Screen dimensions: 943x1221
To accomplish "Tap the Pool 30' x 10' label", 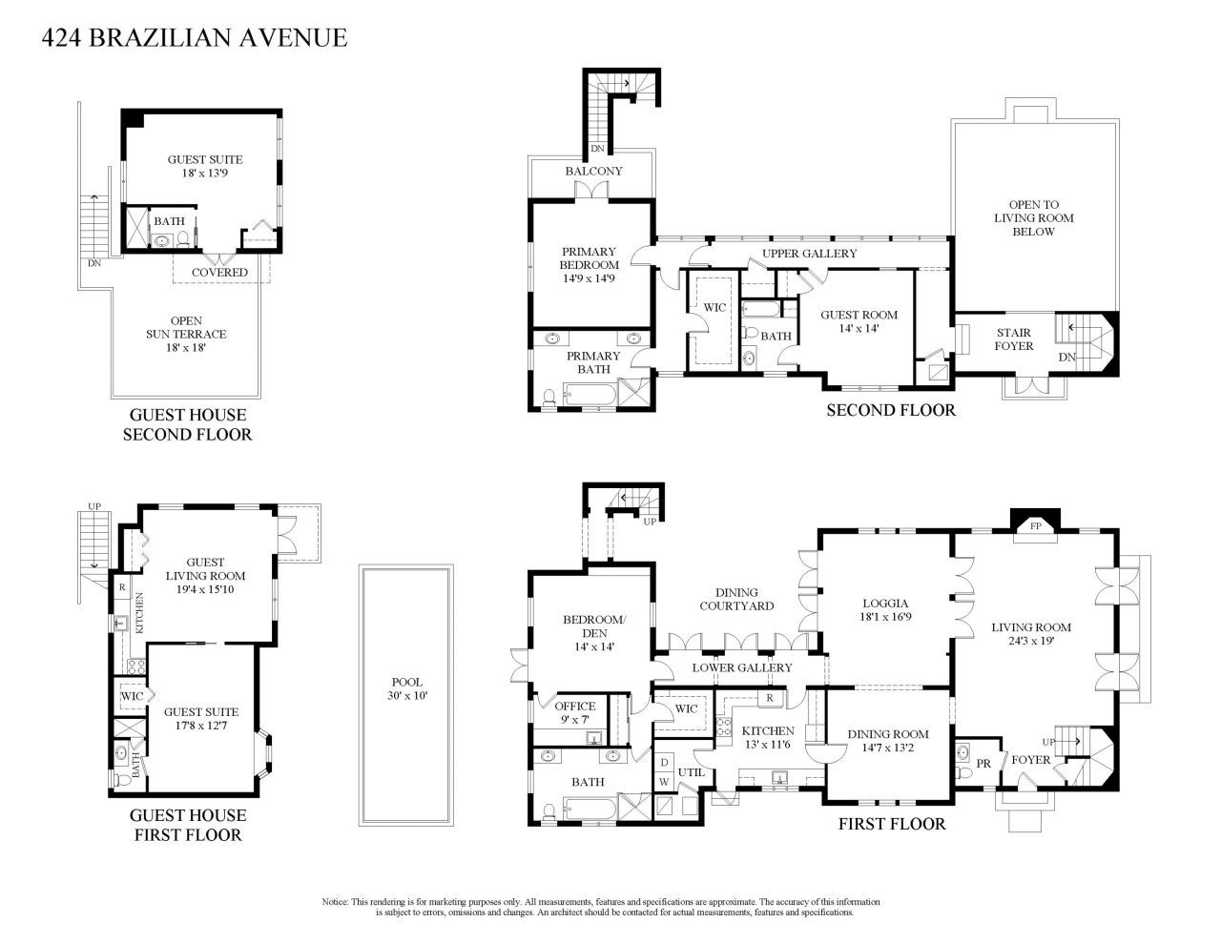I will click(x=406, y=688).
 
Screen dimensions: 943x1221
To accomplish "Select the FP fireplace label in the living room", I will click(x=1034, y=525).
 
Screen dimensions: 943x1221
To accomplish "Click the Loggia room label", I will click(x=884, y=609).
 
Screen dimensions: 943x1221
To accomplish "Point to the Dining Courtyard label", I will click(x=735, y=599).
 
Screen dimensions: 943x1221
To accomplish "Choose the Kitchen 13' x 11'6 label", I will click(x=767, y=737).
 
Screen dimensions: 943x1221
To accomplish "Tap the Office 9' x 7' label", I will click(x=574, y=712).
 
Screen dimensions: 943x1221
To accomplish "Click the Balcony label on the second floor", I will click(x=593, y=171).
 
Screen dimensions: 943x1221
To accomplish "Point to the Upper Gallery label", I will click(x=809, y=254).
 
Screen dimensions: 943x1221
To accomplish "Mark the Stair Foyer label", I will click(x=1013, y=339).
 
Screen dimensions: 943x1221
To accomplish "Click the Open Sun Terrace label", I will click(x=186, y=334).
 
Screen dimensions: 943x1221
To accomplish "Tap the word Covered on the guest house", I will click(x=219, y=272).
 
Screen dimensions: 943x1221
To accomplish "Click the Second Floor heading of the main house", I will click(x=890, y=410).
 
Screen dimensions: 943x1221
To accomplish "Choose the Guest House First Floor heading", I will click(x=187, y=825).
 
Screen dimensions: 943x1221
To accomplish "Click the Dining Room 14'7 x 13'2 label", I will click(x=888, y=740).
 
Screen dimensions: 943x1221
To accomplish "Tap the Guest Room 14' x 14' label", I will click(x=859, y=321).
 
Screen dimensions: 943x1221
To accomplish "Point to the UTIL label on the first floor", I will click(x=690, y=771).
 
